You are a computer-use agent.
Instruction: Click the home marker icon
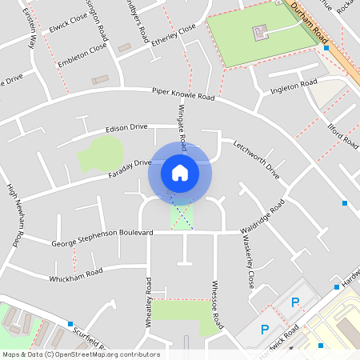pos(180,172)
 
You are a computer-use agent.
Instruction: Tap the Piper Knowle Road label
pos(184,95)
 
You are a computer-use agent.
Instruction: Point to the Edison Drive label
pos(126,127)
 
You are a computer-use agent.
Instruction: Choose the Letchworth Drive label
pos(257,159)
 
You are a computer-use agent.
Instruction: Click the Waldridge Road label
pos(262,217)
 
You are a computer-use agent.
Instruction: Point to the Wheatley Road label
pos(148,301)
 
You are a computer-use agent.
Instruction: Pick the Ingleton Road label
pos(294,86)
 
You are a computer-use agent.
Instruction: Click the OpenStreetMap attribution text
pos(80,354)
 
